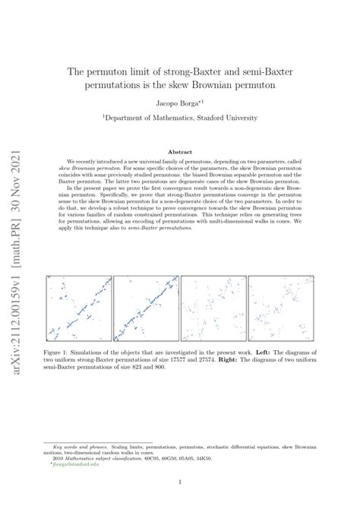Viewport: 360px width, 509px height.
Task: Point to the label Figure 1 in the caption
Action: (58, 353)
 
